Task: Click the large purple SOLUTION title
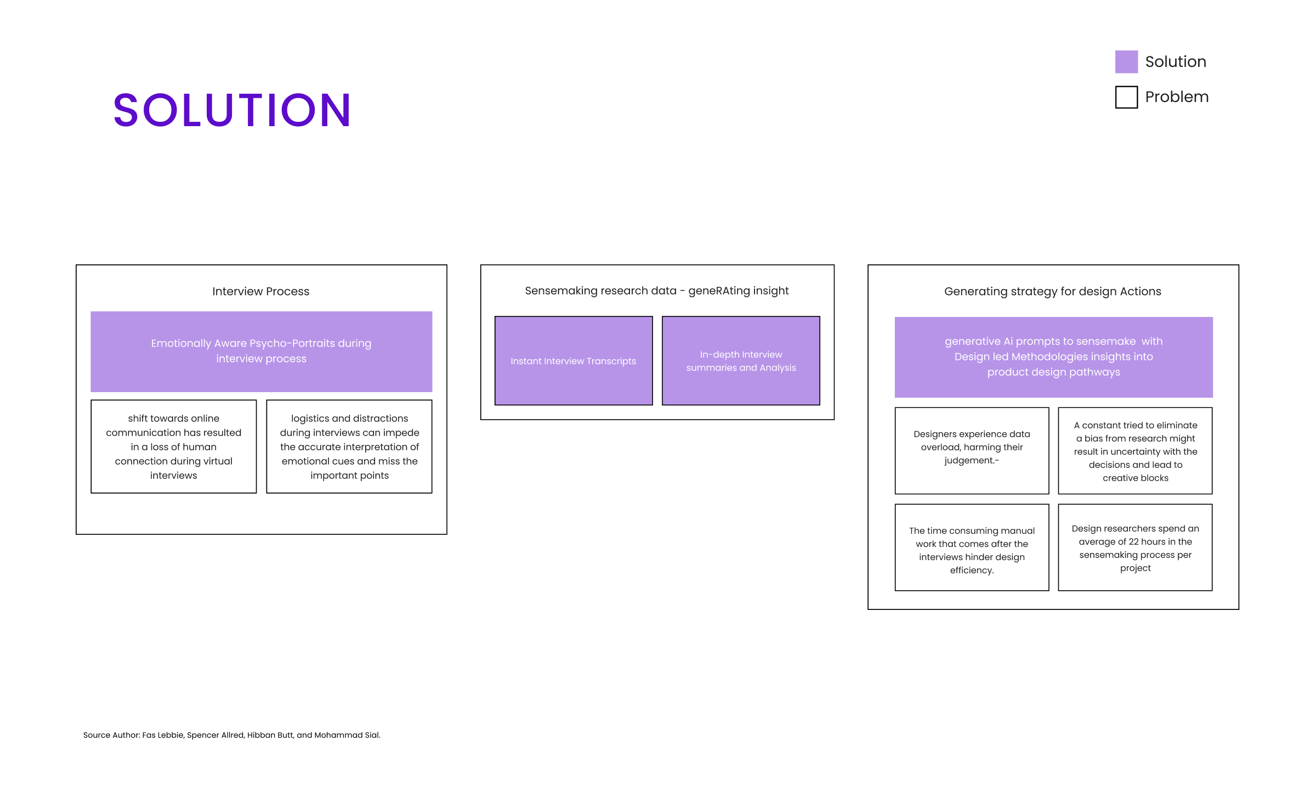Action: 232,110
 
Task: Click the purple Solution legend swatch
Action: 1126,62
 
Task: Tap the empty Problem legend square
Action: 1126,97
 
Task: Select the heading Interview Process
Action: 261,291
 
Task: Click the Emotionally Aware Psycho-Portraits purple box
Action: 262,352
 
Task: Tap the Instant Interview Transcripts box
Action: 574,361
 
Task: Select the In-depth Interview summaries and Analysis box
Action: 741,361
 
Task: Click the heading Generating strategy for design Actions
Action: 1053,291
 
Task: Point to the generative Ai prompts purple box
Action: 1054,357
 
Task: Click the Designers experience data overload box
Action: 972,450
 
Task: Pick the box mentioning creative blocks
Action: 1135,450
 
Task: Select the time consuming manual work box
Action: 972,547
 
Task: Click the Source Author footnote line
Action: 232,735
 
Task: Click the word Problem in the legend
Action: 1177,97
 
